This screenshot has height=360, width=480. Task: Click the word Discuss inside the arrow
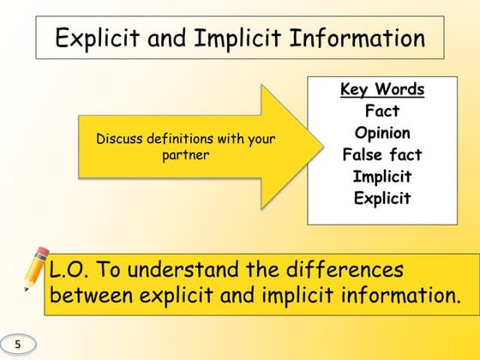[x=119, y=139]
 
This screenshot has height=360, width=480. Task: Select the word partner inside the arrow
[x=186, y=155]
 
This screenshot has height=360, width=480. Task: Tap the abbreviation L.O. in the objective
[x=72, y=270]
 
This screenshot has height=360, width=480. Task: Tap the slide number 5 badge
[x=18, y=344]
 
